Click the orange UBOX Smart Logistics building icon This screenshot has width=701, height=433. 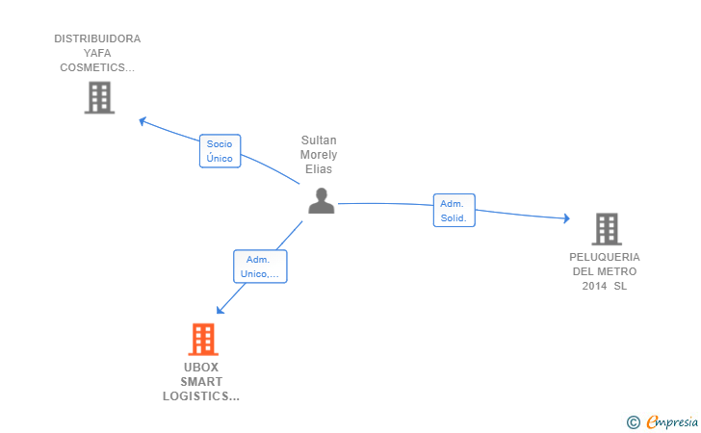(202, 340)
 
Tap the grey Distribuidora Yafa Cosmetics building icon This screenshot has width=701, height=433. (98, 97)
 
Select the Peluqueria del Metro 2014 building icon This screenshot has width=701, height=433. (606, 229)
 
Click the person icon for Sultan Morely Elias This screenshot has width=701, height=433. (321, 200)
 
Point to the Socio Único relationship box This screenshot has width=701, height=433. (220, 151)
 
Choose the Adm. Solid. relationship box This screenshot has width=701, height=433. (454, 211)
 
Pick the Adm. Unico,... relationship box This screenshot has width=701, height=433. (260, 267)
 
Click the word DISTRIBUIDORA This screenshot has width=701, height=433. (97, 39)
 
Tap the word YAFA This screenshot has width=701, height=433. (97, 54)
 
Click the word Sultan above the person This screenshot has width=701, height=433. (319, 140)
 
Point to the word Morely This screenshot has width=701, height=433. (319, 155)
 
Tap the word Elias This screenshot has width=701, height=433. (319, 169)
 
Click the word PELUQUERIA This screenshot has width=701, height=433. (605, 257)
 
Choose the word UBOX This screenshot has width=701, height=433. (201, 368)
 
